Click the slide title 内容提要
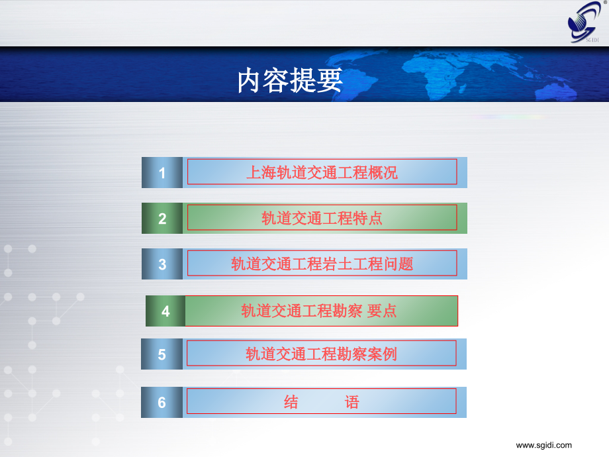click(x=290, y=80)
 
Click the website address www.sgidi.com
click(x=543, y=445)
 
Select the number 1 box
click(x=162, y=173)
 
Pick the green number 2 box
click(x=162, y=218)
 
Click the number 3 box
click(x=162, y=264)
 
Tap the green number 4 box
click(x=165, y=311)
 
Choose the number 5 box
click(x=162, y=354)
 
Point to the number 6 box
click(x=162, y=402)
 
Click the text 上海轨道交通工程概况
click(x=322, y=173)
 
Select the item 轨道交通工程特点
click(x=322, y=218)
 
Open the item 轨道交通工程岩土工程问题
click(x=322, y=264)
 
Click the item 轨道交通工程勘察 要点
click(x=319, y=311)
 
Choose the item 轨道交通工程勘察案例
click(x=321, y=354)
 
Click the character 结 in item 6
click(x=291, y=402)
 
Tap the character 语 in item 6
click(x=352, y=402)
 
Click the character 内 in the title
click(x=249, y=80)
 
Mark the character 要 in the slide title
click(x=330, y=80)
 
